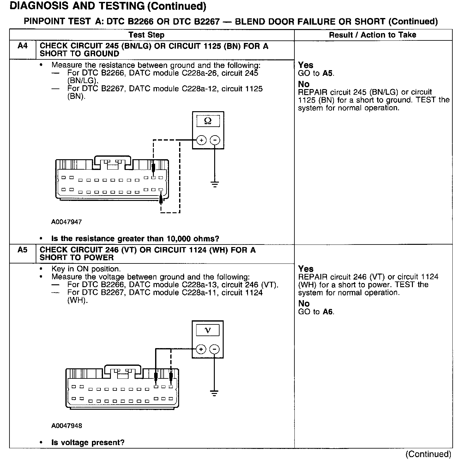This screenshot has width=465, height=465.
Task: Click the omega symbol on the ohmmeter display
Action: [x=208, y=121]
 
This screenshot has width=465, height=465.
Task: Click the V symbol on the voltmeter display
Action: [x=208, y=330]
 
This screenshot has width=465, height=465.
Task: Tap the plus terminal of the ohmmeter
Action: [x=201, y=140]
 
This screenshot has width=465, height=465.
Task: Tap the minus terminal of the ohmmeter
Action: [x=215, y=140]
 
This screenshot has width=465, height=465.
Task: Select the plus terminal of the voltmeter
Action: [x=201, y=349]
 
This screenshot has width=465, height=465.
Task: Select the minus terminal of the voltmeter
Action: [x=214, y=349]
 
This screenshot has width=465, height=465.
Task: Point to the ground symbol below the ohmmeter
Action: [x=215, y=184]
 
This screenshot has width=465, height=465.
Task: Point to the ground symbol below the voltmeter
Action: [x=214, y=393]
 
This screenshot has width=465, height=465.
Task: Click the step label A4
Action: [x=22, y=46]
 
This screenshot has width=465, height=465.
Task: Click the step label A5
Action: [x=22, y=250]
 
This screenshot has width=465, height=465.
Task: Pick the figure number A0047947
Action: [x=66, y=222]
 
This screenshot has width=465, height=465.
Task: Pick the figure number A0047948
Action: [x=66, y=426]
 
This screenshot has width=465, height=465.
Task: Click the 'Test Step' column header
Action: [x=147, y=35]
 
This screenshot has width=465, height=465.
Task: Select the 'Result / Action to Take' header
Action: [x=372, y=35]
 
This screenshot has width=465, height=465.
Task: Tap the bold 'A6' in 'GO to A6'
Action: [x=328, y=312]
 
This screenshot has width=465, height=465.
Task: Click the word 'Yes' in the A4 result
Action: [x=305, y=65]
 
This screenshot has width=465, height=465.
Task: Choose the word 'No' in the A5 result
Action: [x=304, y=304]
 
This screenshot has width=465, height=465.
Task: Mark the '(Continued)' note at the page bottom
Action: [x=428, y=454]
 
